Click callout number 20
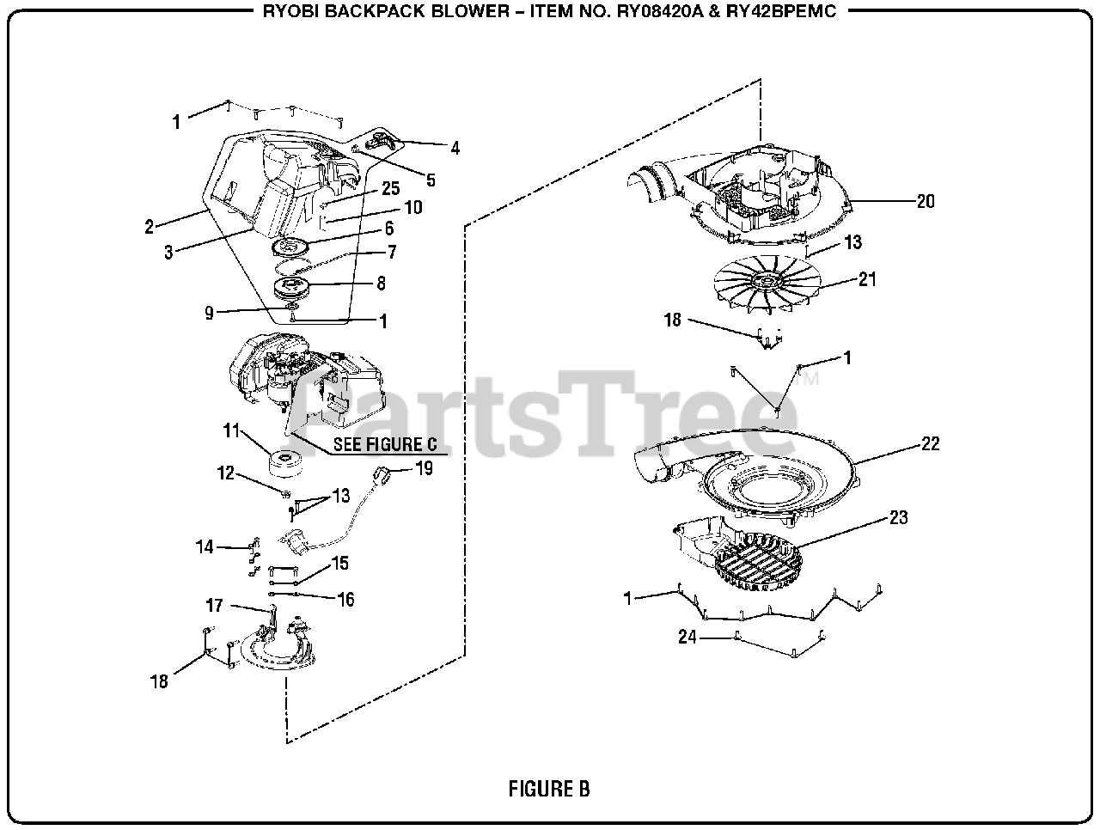926,202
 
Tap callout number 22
930,444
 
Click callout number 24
687,638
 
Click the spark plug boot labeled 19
383,473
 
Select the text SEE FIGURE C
385,444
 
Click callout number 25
391,188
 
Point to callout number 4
455,148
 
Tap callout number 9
209,314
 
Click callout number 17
214,606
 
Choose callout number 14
205,546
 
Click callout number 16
345,600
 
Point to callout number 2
149,228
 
